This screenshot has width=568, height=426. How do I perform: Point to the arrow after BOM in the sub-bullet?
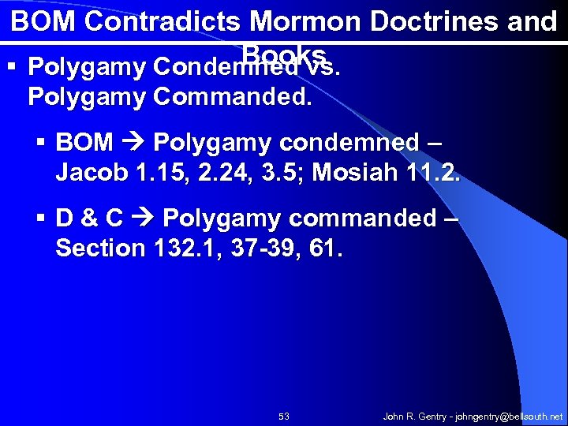[x=133, y=143]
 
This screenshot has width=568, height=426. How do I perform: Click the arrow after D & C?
[x=143, y=219]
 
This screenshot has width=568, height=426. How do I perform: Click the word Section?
[x=100, y=248]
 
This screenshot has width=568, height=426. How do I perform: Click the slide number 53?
[x=284, y=416]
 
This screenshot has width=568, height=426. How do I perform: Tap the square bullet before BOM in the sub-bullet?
[x=43, y=143]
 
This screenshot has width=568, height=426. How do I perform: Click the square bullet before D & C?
[x=43, y=219]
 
